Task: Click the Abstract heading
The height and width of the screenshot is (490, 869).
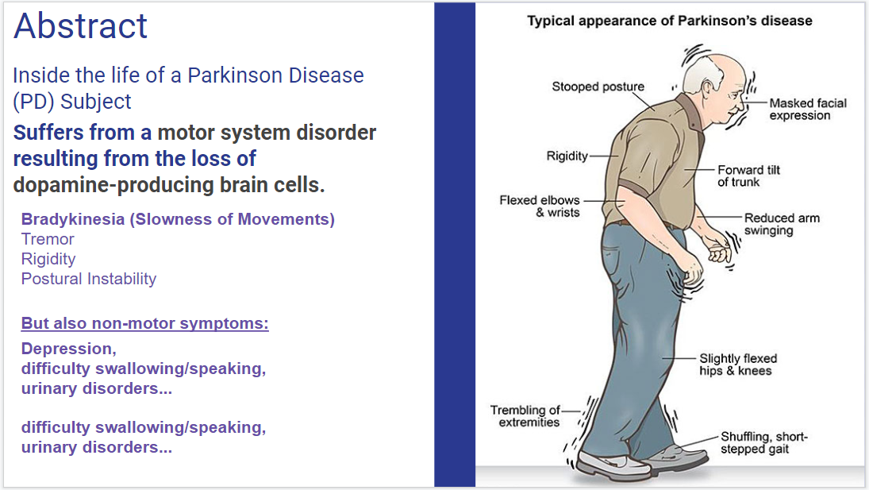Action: coord(81,25)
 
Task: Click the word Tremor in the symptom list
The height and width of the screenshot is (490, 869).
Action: coord(48,239)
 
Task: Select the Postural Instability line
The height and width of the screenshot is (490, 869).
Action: coord(89,279)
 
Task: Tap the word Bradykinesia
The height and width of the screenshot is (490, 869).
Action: coord(72,219)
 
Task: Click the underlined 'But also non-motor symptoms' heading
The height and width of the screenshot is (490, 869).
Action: coord(144,323)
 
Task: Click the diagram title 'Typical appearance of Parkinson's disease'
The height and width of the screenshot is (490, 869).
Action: coord(670,21)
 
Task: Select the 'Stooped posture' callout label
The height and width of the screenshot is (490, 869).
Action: coord(598,87)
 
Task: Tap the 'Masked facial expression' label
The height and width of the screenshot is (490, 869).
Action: coord(807,109)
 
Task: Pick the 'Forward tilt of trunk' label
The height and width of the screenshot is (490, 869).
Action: coord(748,176)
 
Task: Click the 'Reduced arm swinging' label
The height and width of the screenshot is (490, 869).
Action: coord(782,224)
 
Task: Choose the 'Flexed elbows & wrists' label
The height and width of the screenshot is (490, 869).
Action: coord(539,206)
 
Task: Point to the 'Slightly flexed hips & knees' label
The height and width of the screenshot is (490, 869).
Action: coord(737,365)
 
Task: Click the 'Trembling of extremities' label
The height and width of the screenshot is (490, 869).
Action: coord(525,416)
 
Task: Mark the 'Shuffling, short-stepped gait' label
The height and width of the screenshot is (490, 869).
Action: coord(763,443)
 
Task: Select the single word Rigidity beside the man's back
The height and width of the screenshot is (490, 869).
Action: coord(567,156)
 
